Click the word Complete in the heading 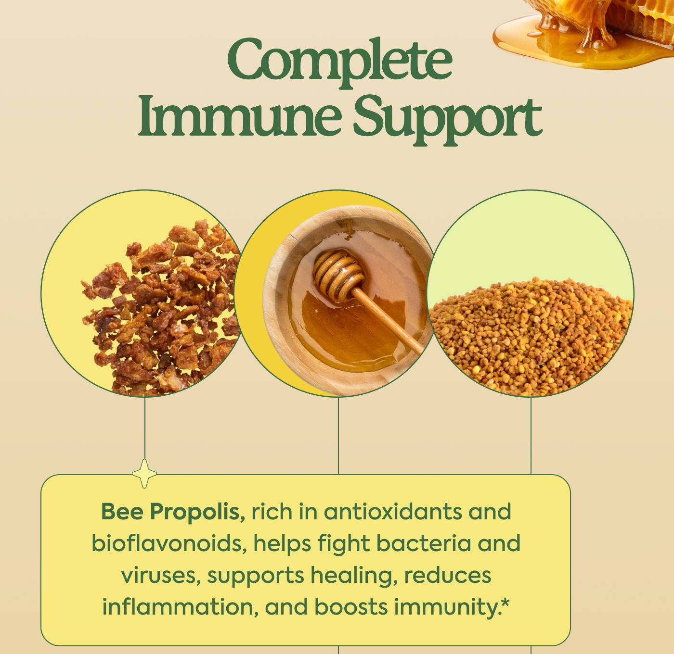point(339,61)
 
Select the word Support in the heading point(448,119)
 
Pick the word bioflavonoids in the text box point(169,543)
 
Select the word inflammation point(177,607)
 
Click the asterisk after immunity point(505,602)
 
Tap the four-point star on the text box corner point(144,474)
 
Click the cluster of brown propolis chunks point(159,308)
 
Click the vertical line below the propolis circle point(145,428)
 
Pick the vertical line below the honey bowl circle point(338,435)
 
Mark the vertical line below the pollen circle point(531,435)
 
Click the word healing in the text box point(353,575)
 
